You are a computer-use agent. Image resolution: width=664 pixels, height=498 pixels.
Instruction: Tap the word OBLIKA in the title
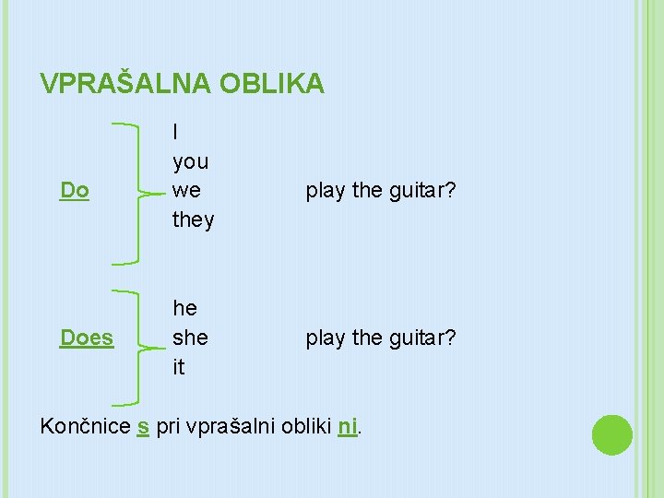tap(272, 84)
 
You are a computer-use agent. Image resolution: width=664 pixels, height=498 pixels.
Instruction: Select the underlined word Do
tap(75, 190)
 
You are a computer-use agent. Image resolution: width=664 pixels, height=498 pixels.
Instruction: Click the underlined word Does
tap(87, 338)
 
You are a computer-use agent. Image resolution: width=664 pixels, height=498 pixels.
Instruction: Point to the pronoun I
tap(175, 132)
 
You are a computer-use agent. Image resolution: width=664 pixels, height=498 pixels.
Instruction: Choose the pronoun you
tap(191, 161)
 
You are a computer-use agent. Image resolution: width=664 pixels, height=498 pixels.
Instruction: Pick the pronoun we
tap(186, 190)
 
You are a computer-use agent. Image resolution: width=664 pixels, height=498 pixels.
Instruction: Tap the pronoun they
tap(194, 219)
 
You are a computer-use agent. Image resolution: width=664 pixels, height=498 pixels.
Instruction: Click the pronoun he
tap(185, 308)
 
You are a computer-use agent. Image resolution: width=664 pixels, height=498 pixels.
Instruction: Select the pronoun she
tap(191, 338)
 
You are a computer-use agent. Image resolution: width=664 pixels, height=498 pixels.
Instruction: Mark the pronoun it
tap(179, 367)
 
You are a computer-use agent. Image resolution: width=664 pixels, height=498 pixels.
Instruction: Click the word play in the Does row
tap(326, 338)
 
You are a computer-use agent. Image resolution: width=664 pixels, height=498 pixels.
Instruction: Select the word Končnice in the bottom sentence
tap(86, 427)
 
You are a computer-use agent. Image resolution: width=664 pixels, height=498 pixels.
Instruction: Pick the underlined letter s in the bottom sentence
tap(143, 428)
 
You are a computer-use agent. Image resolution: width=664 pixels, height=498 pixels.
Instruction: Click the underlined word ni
tap(348, 427)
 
